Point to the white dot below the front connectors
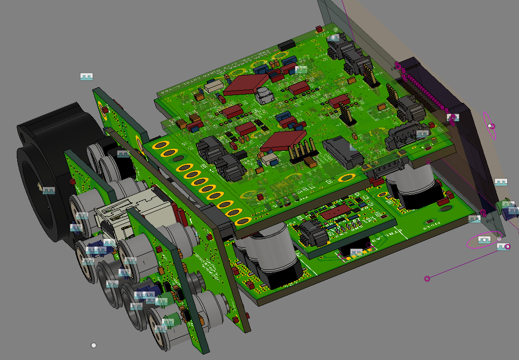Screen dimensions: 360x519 coord(94,345)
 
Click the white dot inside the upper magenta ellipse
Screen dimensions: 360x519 coord(490,126)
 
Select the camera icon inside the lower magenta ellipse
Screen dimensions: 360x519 coord(484,240)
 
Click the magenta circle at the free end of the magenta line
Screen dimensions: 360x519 coord(427,279)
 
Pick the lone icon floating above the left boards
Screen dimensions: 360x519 coord(87,77)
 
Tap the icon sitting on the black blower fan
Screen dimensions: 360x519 coord(48,190)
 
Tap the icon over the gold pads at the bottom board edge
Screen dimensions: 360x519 coord(356,253)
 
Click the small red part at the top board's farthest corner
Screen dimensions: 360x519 coord(320,29)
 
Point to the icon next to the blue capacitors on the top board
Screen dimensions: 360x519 coord(300,69)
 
